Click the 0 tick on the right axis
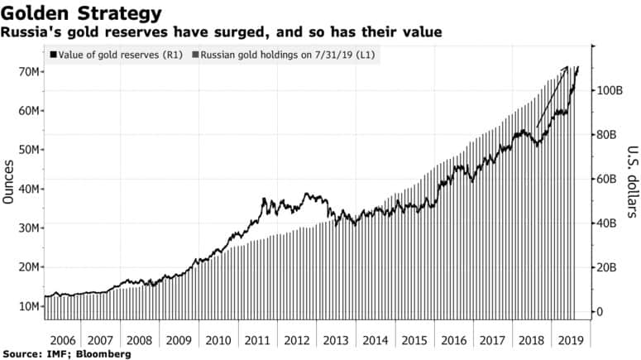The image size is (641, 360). [601, 312]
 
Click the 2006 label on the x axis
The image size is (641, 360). [62, 339]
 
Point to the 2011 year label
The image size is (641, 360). [257, 339]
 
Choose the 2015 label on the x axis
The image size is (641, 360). [414, 339]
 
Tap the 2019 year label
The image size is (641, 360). [569, 339]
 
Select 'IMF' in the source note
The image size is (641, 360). [58, 354]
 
